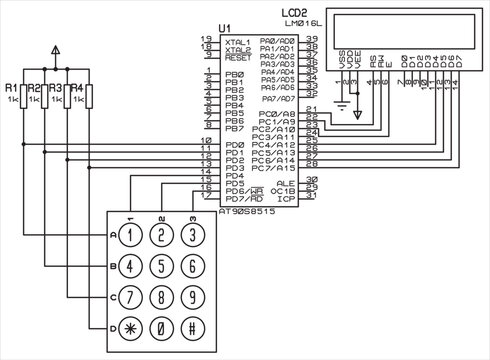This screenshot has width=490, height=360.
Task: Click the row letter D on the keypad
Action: click(x=111, y=328)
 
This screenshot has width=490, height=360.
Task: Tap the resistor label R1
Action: click(x=11, y=89)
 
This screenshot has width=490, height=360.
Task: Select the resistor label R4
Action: click(x=76, y=89)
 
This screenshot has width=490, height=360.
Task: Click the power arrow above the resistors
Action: click(x=55, y=49)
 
